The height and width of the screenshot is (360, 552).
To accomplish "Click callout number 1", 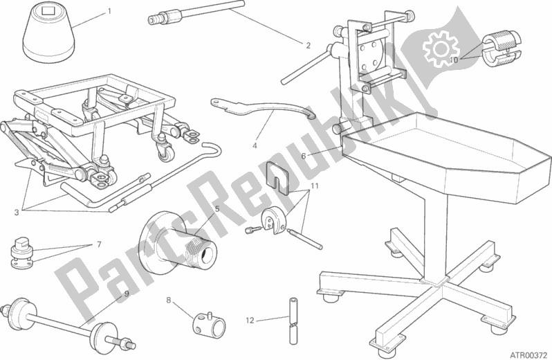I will pos(109,12).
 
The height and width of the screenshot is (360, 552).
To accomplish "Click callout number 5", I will pos(217,208).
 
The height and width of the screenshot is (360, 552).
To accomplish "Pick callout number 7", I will pos(99,245).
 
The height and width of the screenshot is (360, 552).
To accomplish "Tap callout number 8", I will pos(167,300).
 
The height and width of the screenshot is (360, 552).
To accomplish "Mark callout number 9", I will pos(126,293).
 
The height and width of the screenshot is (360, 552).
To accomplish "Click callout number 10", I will pos(453,60).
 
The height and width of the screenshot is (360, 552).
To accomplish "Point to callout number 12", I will pos(250,320).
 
